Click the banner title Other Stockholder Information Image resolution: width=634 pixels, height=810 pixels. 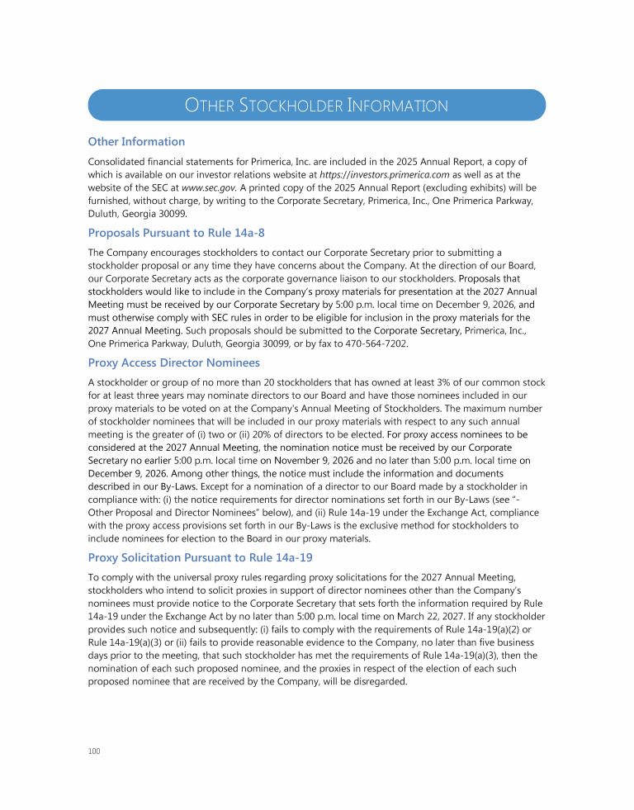[316, 106]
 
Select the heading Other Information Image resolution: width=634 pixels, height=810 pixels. [136, 141]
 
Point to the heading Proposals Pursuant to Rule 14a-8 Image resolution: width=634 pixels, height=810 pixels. [176, 233]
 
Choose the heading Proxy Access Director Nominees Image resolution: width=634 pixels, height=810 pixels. [173, 362]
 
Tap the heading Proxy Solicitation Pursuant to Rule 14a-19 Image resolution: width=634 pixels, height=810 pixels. [200, 557]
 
